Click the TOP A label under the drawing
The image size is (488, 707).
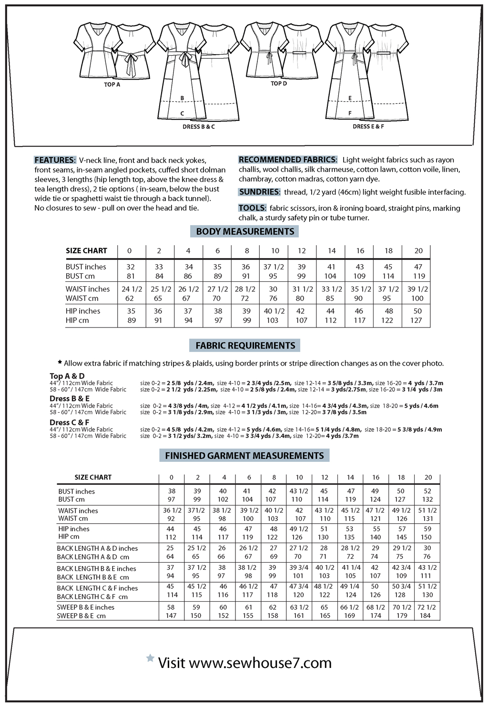(112, 85)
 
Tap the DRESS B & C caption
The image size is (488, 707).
(198, 127)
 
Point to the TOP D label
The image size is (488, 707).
(279, 84)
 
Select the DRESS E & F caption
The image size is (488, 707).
(368, 127)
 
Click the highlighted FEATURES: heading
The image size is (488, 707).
(55, 160)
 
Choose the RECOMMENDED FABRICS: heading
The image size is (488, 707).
(288, 159)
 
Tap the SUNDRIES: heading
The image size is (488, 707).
(259, 192)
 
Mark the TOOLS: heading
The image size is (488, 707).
(252, 208)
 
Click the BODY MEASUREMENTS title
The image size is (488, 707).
(245, 231)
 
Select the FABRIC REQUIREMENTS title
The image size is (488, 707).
(245, 346)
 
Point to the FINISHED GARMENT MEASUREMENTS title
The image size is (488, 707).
(244, 456)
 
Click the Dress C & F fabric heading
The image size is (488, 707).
(69, 422)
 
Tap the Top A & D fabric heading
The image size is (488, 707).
(67, 376)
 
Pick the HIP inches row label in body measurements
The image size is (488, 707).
(83, 311)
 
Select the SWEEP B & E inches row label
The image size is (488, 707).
(85, 607)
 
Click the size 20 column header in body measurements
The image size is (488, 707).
(418, 251)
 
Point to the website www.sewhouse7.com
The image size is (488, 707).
(260, 663)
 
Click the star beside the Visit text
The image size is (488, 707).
(150, 658)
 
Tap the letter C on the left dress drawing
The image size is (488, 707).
(182, 114)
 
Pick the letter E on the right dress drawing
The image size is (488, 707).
(350, 99)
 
